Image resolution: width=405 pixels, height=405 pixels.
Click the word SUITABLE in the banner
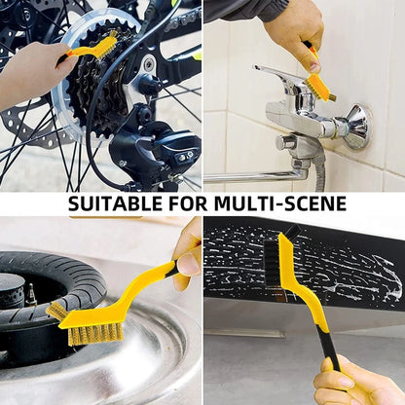point(115,203)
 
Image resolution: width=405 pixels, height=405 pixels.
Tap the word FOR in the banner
point(188,203)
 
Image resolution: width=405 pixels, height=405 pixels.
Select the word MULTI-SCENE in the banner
point(280,203)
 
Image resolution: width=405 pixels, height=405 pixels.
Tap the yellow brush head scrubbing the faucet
point(319,86)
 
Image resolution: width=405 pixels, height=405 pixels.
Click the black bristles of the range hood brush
point(272,263)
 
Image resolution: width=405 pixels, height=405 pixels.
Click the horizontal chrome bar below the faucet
point(256,177)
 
